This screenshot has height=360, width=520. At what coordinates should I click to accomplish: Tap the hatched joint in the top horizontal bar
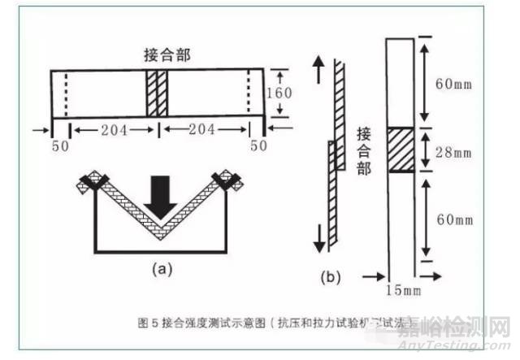click(x=156, y=93)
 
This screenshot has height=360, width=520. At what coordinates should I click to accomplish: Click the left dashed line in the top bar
click(x=65, y=93)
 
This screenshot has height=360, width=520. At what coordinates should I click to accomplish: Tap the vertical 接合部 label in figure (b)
click(x=364, y=150)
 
